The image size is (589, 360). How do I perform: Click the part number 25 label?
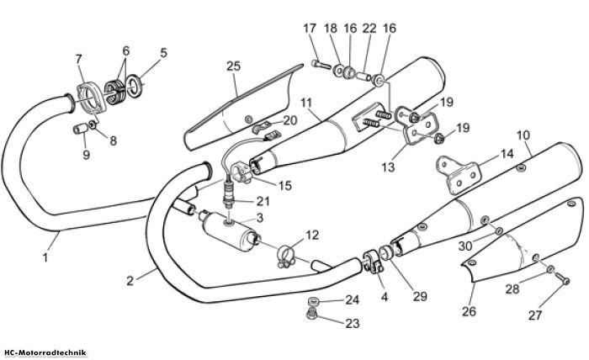coord(233,66)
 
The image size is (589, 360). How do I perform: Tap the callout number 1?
coord(45,257)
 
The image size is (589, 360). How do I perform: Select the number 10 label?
coord(523,135)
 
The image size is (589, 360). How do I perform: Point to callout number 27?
coord(535,315)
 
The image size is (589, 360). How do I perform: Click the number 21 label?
coord(263,201)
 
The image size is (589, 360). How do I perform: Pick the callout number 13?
coord(388,167)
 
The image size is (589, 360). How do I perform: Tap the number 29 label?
coord(420,297)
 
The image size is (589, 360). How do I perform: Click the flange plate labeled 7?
coord(91,99)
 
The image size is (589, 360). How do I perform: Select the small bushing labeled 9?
coord(81,130)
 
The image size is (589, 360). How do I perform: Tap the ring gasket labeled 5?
coord(134,87)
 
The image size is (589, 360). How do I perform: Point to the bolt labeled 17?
coord(321,65)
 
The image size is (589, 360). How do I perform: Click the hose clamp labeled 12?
coord(286,257)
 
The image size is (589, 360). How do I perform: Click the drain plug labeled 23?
coord(311,315)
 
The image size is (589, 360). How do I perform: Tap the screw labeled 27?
coord(562,278)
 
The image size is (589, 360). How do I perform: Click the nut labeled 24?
coord(312,301)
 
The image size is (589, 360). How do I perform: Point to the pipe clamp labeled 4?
coord(372,262)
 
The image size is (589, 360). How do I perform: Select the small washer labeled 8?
coord(93,124)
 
